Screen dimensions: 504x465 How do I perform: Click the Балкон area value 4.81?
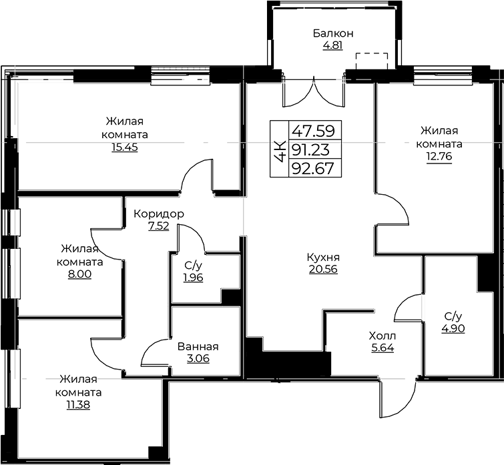click(x=332, y=45)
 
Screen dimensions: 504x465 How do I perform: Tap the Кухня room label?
click(x=323, y=258)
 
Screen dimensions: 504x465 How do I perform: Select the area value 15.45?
click(x=125, y=147)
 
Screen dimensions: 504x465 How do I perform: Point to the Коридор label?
click(x=158, y=214)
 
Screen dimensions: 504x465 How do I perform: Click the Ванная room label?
click(x=198, y=347)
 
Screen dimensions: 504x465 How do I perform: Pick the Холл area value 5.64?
click(x=383, y=348)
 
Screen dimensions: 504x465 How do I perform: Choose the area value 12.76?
click(x=439, y=156)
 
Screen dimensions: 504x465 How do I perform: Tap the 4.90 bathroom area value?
click(x=453, y=328)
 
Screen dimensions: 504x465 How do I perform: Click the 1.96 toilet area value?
click(x=193, y=277)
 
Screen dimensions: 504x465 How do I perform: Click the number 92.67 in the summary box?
click(x=312, y=168)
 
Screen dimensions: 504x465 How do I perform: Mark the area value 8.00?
click(x=79, y=274)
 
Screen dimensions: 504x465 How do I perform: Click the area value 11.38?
click(x=78, y=405)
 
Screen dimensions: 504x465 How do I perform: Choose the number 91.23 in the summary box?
click(x=310, y=149)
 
